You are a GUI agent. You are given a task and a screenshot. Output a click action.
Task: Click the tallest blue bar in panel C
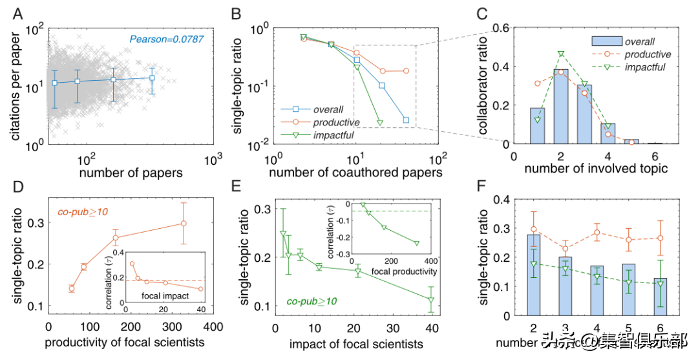(560, 107)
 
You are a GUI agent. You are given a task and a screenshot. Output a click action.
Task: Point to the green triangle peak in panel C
(561, 54)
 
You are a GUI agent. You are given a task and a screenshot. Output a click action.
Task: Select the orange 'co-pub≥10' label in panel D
(78, 210)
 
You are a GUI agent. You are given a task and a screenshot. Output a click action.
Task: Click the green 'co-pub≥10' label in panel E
(313, 301)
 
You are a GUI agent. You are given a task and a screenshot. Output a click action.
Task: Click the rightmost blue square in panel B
(406, 120)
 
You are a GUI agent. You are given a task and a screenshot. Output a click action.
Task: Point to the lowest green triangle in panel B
(379, 122)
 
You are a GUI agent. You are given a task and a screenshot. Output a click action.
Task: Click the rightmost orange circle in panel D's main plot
(184, 224)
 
